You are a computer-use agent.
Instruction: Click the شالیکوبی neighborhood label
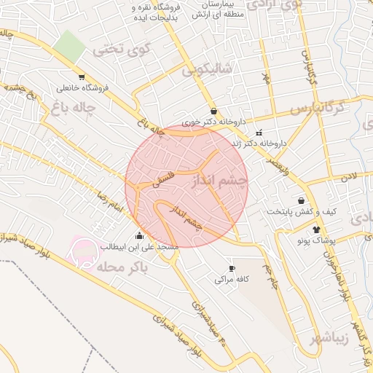pos(208,69)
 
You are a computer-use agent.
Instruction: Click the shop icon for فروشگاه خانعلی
pos(82,76)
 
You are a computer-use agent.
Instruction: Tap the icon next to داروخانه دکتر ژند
pos(259,133)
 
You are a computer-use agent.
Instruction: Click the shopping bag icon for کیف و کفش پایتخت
pos(301,200)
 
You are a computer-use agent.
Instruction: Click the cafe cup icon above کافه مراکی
pos(232,268)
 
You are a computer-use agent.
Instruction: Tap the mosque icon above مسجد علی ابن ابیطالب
pos(139,235)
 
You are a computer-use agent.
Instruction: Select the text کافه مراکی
pos(232,279)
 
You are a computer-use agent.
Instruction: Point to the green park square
pos(71,46)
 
